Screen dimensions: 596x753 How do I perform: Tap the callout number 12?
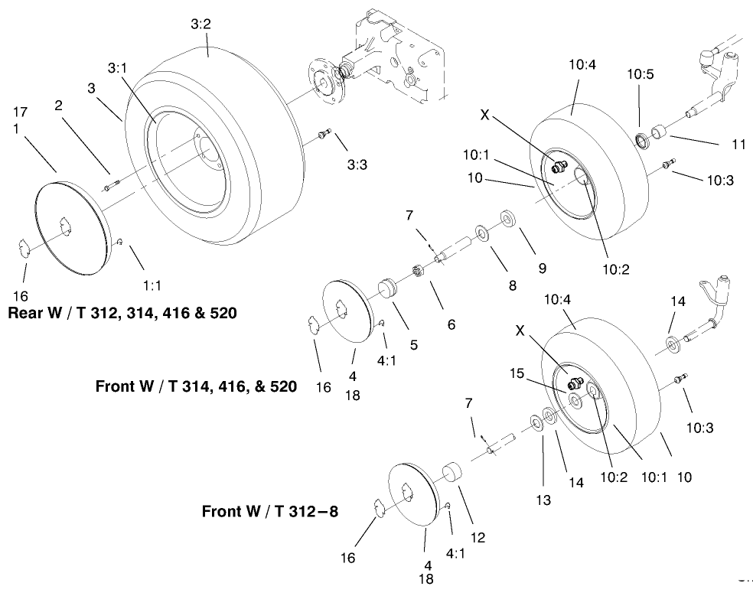pyautogui.click(x=478, y=538)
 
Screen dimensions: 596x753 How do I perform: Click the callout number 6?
pyautogui.click(x=451, y=324)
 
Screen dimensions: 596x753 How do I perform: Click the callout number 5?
pyautogui.click(x=413, y=345)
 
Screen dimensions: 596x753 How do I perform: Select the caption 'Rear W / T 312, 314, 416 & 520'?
pyautogui.click(x=122, y=314)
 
